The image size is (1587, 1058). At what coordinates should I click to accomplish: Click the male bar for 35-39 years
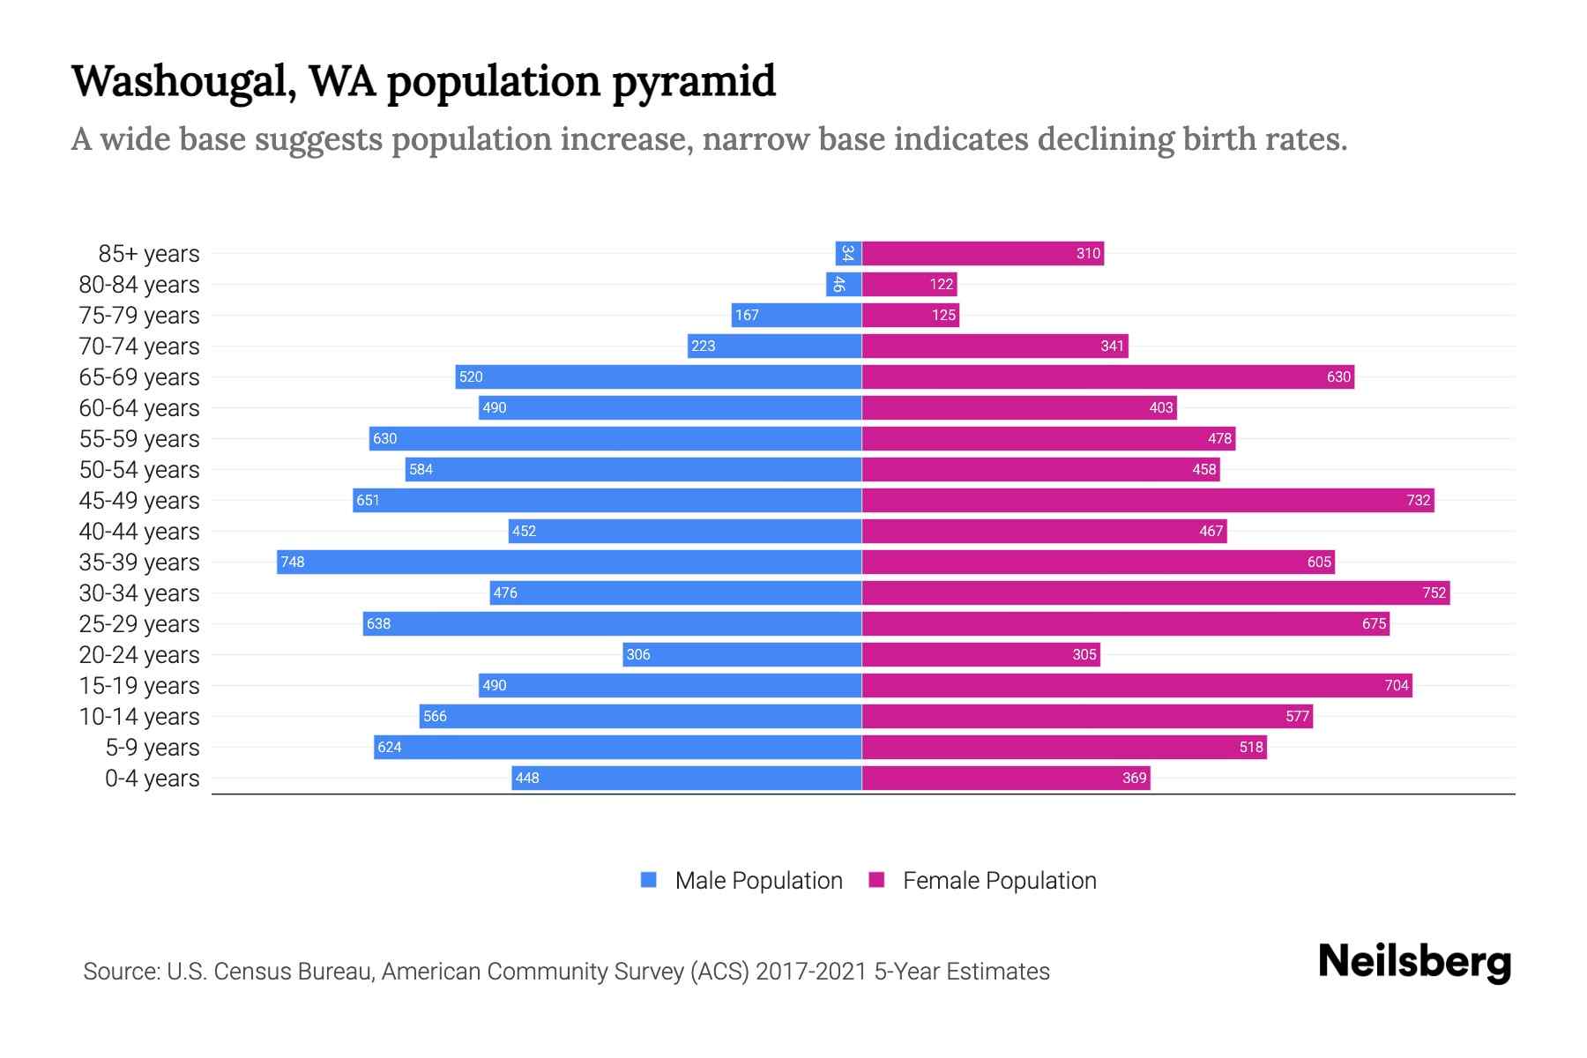coord(569,562)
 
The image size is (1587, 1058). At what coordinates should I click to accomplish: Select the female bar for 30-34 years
coord(1155,592)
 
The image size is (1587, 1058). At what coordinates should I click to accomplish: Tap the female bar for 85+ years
coord(982,254)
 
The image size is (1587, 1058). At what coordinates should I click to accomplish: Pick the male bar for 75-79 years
coord(796,315)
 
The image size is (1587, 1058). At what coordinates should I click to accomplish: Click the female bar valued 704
coord(1136,685)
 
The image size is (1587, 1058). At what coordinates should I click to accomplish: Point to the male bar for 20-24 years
coord(741,654)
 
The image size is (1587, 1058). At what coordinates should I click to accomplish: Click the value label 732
coord(1418,501)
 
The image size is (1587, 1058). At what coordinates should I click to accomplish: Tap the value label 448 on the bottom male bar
coord(527,778)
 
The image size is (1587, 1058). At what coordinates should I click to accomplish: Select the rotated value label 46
coord(838,284)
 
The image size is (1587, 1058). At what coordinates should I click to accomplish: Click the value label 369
coord(1134,778)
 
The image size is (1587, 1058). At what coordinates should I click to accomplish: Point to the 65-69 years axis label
coord(139,377)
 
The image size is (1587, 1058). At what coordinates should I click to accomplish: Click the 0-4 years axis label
coord(152,779)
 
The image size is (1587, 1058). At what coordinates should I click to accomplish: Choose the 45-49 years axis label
coord(139,501)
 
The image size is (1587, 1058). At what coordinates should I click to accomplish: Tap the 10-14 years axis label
coord(139,717)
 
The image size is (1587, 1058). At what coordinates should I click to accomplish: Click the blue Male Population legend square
coord(649,880)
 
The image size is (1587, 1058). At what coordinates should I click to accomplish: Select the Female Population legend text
coord(999,881)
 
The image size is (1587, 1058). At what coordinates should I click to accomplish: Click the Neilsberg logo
coord(1414,962)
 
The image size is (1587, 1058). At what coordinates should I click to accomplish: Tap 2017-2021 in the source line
coord(811,972)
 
